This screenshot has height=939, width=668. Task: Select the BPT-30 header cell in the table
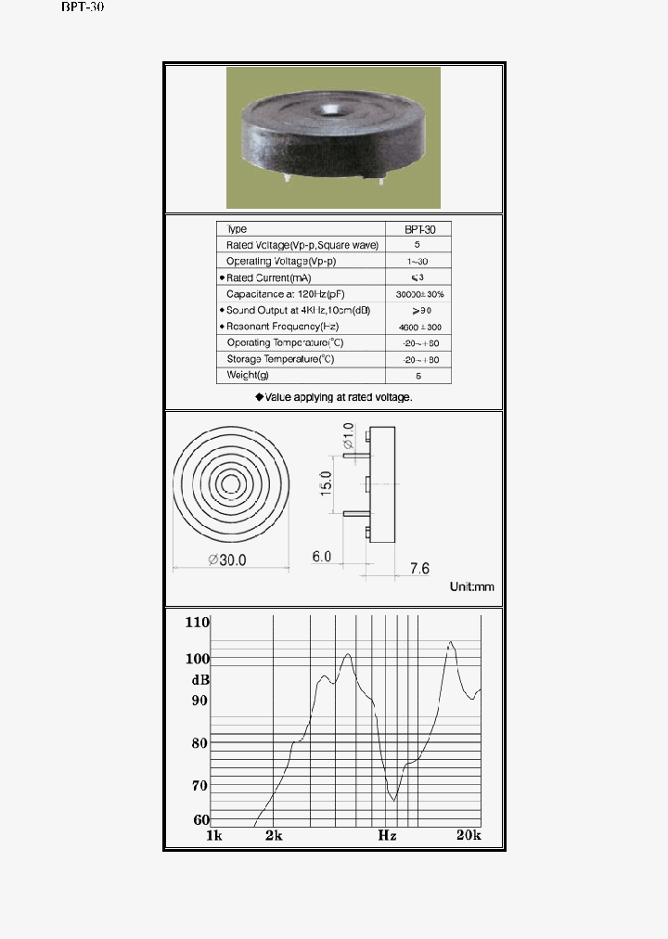point(417,229)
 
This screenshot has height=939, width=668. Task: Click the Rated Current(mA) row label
point(270,277)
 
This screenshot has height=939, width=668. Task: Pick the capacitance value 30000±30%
point(417,294)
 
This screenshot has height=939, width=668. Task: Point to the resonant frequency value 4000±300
point(417,327)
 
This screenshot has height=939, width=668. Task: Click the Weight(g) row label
point(248,375)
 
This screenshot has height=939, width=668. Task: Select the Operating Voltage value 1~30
point(417,262)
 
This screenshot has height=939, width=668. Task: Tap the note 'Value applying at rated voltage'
point(334,396)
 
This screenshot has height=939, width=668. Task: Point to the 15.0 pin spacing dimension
point(325,482)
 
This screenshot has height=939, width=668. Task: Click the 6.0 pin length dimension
point(322,557)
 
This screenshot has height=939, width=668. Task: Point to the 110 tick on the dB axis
point(198,623)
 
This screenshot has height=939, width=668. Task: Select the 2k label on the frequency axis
point(273,835)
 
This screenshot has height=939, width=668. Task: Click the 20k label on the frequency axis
point(469,835)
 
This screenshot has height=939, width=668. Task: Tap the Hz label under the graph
point(387,835)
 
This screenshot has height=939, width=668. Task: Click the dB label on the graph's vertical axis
point(199,679)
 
